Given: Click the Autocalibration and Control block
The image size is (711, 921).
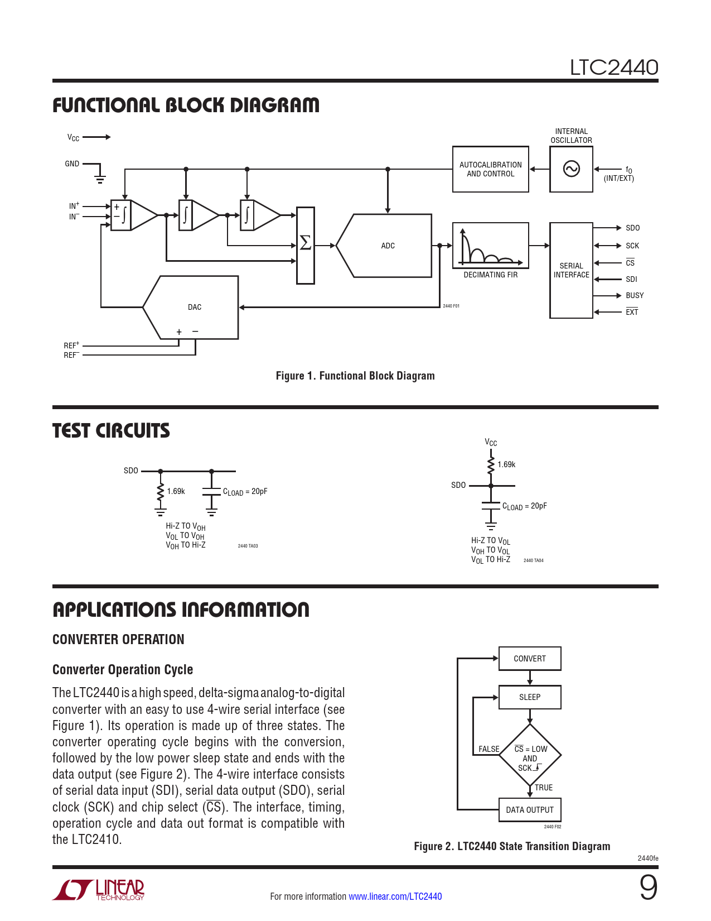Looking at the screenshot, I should point(490,169).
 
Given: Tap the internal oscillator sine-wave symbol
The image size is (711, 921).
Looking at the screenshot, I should point(571,169).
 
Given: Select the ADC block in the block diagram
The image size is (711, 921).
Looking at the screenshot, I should point(388,246).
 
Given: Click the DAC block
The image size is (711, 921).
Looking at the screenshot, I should point(194,307).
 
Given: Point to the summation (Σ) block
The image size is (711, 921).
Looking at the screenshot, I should point(305,244).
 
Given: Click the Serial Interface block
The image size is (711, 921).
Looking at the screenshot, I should point(571,270).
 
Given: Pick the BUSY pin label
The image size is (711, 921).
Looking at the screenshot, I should point(634,295).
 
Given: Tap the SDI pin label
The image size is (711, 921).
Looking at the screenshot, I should point(631,279).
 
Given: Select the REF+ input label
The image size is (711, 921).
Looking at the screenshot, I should point(71,346).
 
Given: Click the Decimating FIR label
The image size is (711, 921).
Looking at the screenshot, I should point(490,275).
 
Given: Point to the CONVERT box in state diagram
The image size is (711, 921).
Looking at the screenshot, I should point(529,659).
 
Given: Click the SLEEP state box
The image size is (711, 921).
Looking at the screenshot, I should point(529,697).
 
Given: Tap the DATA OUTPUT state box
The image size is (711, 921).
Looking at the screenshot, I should point(529,810).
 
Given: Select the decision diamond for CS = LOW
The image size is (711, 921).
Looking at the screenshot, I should point(530,757).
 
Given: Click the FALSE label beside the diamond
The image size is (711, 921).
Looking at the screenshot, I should point(488,749).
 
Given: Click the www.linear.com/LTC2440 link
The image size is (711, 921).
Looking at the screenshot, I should point(395,896).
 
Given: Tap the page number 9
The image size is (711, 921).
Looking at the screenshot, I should point(648,888).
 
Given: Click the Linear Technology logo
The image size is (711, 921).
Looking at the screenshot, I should point(99,890).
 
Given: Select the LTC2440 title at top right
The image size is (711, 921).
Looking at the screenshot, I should point(613,68).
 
